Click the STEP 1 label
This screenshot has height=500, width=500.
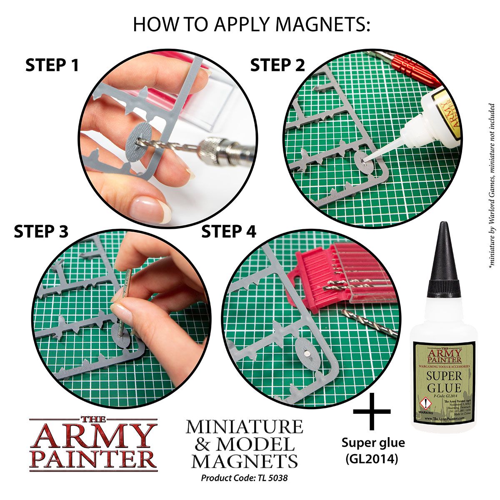52,65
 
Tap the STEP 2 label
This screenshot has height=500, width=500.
277,65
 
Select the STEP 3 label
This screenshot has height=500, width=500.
41,232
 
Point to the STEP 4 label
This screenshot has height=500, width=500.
229,232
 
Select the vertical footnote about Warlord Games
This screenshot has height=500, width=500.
492,187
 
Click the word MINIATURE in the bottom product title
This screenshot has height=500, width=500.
244,427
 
